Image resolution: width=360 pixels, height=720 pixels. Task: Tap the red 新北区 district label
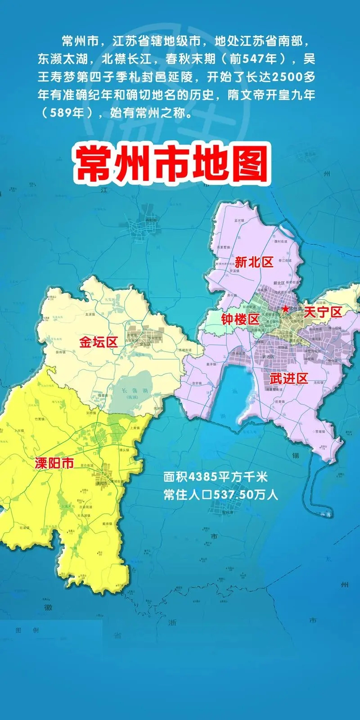(254, 262)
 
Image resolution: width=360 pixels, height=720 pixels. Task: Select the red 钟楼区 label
(240, 319)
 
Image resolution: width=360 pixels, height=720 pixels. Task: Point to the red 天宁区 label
(323, 312)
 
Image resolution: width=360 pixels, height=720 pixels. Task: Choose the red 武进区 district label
(288, 378)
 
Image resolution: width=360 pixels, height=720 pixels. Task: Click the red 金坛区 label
(99, 342)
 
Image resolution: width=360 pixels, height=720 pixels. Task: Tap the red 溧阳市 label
(54, 464)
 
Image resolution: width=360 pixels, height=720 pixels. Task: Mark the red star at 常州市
(285, 309)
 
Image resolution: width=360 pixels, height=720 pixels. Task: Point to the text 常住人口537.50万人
(221, 495)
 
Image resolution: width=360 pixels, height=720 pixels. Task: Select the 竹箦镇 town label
(40, 419)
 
